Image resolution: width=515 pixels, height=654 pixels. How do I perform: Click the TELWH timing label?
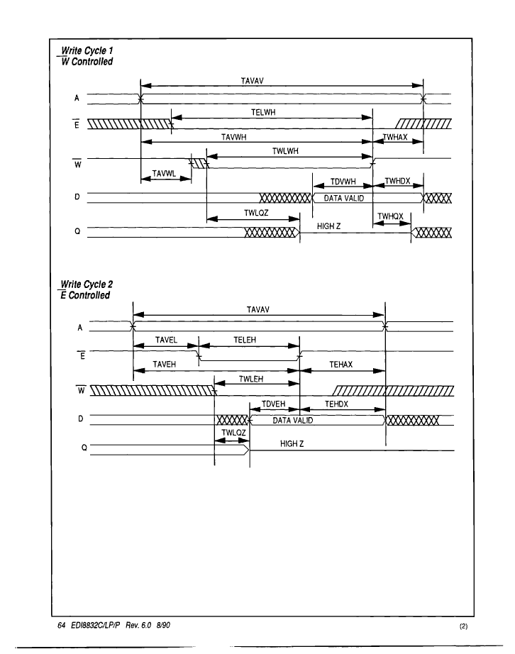[x=263, y=112]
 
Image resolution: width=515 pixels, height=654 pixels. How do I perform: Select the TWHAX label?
[x=395, y=137]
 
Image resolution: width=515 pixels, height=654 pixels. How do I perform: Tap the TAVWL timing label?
[x=164, y=174]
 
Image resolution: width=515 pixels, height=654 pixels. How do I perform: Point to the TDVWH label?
[x=343, y=182]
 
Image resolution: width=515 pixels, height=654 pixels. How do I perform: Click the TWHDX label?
[x=397, y=181]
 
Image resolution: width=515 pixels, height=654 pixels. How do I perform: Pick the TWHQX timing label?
[x=390, y=216]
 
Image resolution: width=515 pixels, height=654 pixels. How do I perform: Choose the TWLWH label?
[x=285, y=151]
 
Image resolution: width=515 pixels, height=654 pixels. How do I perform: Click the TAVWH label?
[x=233, y=137]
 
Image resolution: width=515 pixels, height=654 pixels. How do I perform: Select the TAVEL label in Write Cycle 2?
[x=166, y=340]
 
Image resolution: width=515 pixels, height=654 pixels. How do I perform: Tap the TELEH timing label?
[x=245, y=340]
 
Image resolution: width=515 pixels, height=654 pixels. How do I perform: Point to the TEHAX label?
[x=340, y=365]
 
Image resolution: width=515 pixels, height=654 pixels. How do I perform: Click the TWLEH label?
[x=251, y=379]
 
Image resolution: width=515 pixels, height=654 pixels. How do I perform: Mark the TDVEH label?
[x=274, y=404]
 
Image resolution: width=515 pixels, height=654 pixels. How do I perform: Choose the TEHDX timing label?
[x=336, y=404]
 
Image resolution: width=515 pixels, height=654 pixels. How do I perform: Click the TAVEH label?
[x=165, y=365]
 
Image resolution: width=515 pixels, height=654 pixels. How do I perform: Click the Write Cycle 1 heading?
[x=87, y=51]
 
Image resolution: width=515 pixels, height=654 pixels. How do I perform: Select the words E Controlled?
[x=85, y=295]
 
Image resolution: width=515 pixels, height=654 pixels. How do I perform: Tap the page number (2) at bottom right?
[x=463, y=626]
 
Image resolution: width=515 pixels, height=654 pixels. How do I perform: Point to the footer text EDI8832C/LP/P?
[x=96, y=625]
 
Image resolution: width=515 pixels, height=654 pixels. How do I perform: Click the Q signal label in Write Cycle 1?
[x=77, y=231]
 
